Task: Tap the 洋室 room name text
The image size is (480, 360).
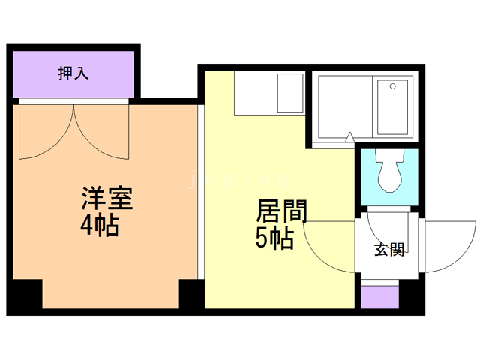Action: coord(107,200)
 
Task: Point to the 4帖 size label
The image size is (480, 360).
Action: coord(100,226)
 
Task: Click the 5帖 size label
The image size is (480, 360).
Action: coord(274,238)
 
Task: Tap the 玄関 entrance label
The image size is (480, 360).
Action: coord(390,249)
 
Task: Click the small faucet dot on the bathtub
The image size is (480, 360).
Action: coord(391,86)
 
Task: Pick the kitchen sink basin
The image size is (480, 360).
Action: coord(289,94)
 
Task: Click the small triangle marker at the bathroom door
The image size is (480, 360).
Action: coord(349,137)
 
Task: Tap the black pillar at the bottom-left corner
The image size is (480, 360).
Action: coord(25,296)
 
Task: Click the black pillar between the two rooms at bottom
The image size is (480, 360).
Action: coord(191,296)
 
